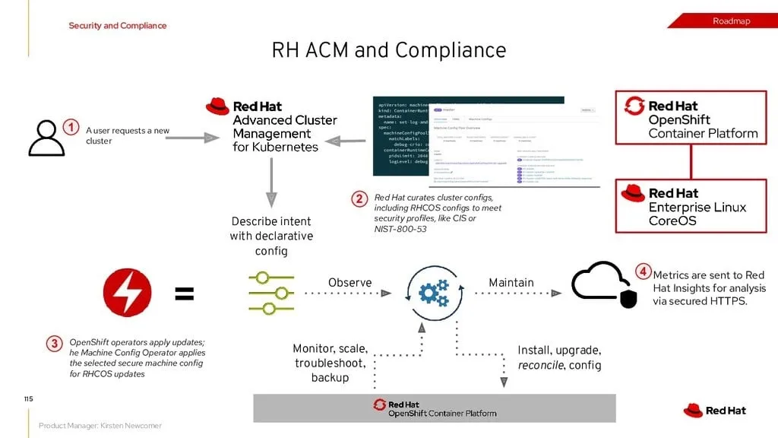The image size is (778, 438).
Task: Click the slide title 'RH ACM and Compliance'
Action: click(388, 50)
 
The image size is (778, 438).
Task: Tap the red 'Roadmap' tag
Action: click(731, 21)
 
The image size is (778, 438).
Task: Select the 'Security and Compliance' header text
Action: click(118, 26)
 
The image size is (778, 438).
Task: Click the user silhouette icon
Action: click(46, 138)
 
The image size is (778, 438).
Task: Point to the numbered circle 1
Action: click(71, 128)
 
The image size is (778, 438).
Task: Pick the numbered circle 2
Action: click(359, 199)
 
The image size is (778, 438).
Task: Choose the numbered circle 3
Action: click(55, 344)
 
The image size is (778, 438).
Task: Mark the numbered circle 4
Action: click(644, 271)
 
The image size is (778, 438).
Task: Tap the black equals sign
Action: click(185, 294)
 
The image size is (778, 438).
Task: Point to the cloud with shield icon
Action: click(603, 284)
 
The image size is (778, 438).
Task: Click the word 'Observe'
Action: click(349, 283)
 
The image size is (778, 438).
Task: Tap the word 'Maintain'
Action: click(511, 283)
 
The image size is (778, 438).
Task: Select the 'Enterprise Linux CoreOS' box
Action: click(691, 206)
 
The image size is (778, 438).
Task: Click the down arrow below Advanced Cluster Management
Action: click(270, 182)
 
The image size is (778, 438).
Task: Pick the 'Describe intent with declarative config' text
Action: click(271, 236)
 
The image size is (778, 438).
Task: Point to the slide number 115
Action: click(28, 398)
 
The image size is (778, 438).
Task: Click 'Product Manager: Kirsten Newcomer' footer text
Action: click(100, 426)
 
